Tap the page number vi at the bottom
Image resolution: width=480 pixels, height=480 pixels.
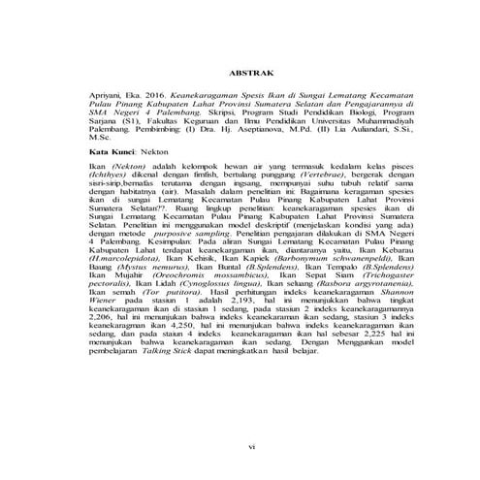250,447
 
